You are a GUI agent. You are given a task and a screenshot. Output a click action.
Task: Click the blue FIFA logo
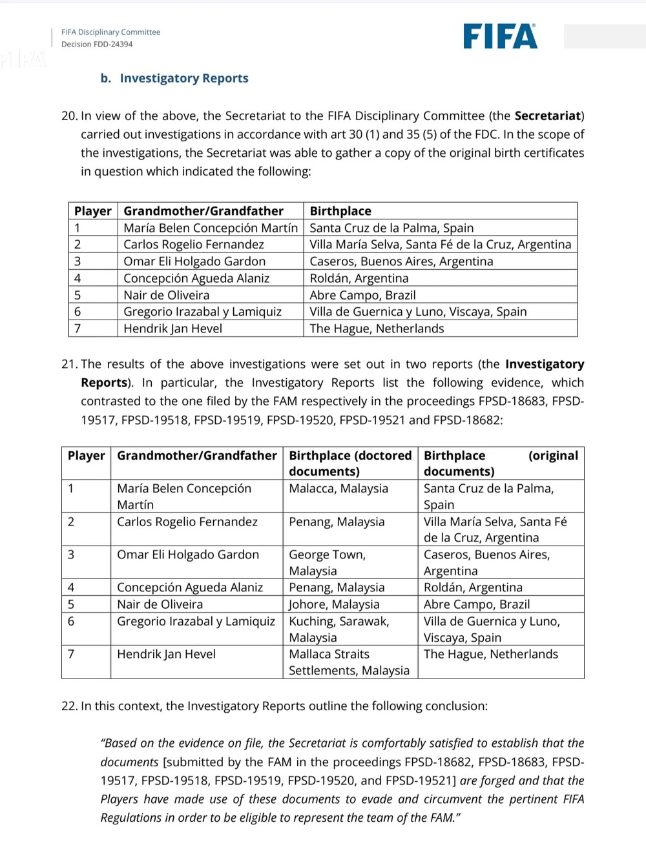(x=500, y=37)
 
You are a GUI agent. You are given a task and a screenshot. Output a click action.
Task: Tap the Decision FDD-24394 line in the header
(x=97, y=45)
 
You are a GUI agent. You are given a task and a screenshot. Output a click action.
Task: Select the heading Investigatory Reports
(x=183, y=78)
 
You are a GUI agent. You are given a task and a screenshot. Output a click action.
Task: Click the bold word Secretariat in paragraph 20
(x=547, y=116)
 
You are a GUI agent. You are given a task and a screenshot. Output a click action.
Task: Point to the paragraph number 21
(x=69, y=364)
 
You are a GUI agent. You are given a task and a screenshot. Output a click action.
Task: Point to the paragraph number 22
(x=69, y=706)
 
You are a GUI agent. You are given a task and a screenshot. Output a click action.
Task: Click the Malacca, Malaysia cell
(x=339, y=489)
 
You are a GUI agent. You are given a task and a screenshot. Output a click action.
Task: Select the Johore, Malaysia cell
(x=334, y=604)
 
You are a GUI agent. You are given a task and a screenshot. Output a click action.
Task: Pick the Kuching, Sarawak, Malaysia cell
(x=339, y=629)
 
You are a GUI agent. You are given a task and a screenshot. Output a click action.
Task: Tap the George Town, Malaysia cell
(x=327, y=562)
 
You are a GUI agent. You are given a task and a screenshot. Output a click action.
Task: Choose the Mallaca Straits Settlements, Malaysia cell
(x=349, y=662)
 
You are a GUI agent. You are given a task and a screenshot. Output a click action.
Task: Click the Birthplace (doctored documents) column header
(x=350, y=463)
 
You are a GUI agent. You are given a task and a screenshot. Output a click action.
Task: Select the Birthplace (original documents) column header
(x=501, y=463)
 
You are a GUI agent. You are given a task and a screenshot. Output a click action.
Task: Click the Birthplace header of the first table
(x=340, y=211)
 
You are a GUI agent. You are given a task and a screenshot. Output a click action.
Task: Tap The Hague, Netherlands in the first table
(x=377, y=329)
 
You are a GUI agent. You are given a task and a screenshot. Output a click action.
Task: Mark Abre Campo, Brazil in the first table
(x=362, y=295)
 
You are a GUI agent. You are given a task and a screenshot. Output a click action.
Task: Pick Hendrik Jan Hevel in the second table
(x=166, y=654)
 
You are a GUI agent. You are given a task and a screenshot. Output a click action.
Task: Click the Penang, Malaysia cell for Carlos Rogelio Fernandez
(x=337, y=522)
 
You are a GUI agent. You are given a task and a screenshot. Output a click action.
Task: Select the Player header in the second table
(x=86, y=456)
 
